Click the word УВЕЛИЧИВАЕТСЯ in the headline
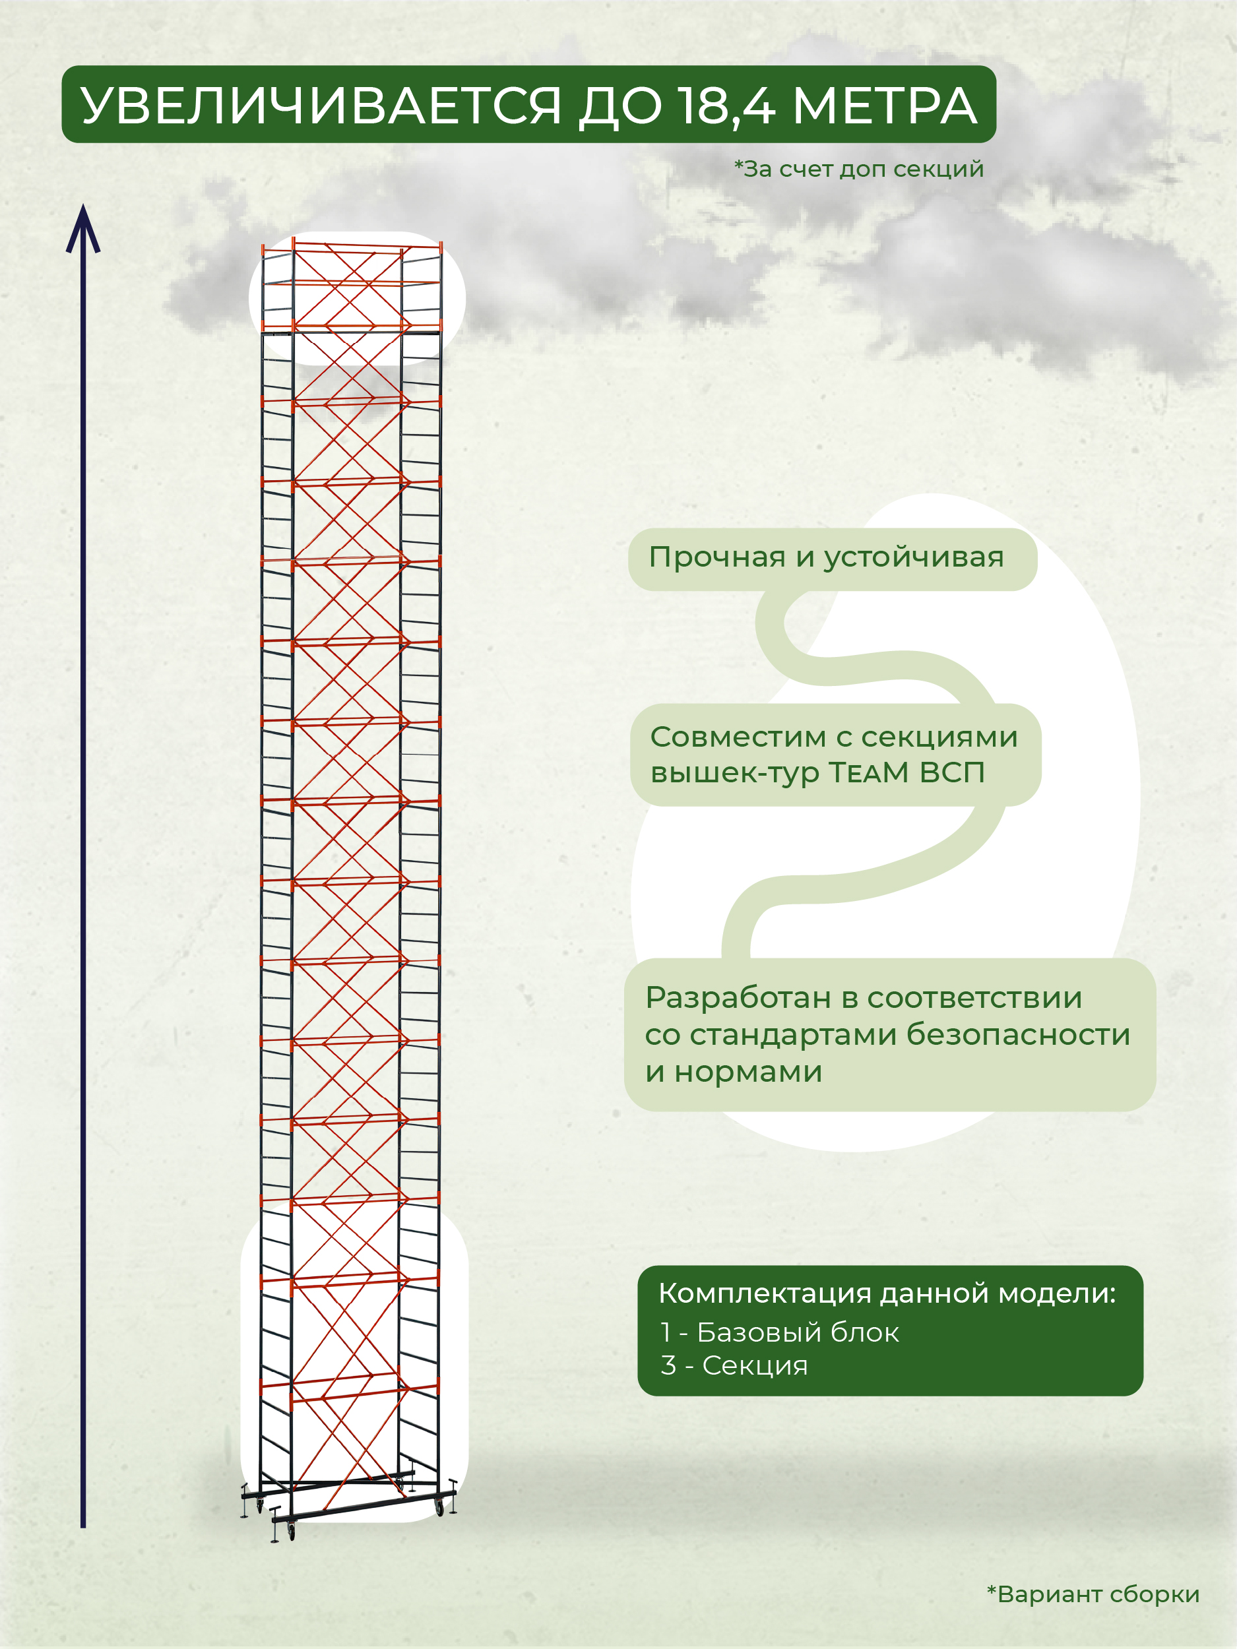[321, 106]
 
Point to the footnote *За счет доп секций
[859, 170]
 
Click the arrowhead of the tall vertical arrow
[82, 228]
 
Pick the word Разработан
[738, 997]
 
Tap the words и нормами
[734, 1072]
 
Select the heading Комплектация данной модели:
[887, 1293]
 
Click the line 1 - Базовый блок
[779, 1332]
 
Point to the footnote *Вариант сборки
[1093, 1594]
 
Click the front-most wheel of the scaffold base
[291, 1531]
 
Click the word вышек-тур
[734, 773]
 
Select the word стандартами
[792, 1035]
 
